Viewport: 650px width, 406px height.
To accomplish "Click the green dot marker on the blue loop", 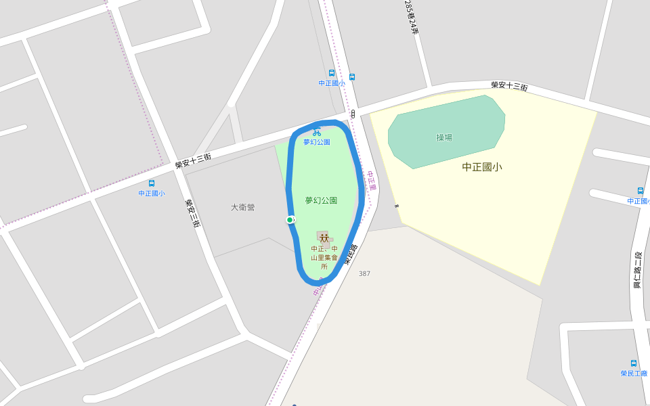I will point(290,220).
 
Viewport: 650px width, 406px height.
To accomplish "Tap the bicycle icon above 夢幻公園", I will point(316,133).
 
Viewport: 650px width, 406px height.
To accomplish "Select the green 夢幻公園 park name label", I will point(321,201).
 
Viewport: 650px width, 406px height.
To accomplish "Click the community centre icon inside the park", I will point(324,238).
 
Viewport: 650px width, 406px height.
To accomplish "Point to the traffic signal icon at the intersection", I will point(353,114).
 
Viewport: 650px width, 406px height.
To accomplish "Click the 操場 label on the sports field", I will point(444,137).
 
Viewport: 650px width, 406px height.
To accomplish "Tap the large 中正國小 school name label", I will point(482,167).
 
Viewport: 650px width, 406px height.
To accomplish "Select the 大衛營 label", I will point(242,208).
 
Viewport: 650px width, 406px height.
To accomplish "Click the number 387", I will point(364,273).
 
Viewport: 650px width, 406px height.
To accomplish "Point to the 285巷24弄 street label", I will point(412,17).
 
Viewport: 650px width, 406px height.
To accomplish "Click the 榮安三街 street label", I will point(192,212).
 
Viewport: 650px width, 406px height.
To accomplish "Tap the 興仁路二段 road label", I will point(638,271).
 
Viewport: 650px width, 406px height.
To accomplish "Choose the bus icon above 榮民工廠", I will point(634,363).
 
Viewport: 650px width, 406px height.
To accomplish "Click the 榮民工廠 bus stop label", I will point(634,374).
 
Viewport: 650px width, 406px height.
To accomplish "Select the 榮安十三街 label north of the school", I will point(509,86).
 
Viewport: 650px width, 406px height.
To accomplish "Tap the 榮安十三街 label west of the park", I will point(193,160).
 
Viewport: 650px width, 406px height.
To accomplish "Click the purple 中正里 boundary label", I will point(371,181).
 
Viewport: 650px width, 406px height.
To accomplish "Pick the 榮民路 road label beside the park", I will point(350,253).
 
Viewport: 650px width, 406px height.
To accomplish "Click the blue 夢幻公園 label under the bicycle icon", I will point(316,142).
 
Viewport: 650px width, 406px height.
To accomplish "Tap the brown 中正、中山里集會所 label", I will point(324,258).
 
